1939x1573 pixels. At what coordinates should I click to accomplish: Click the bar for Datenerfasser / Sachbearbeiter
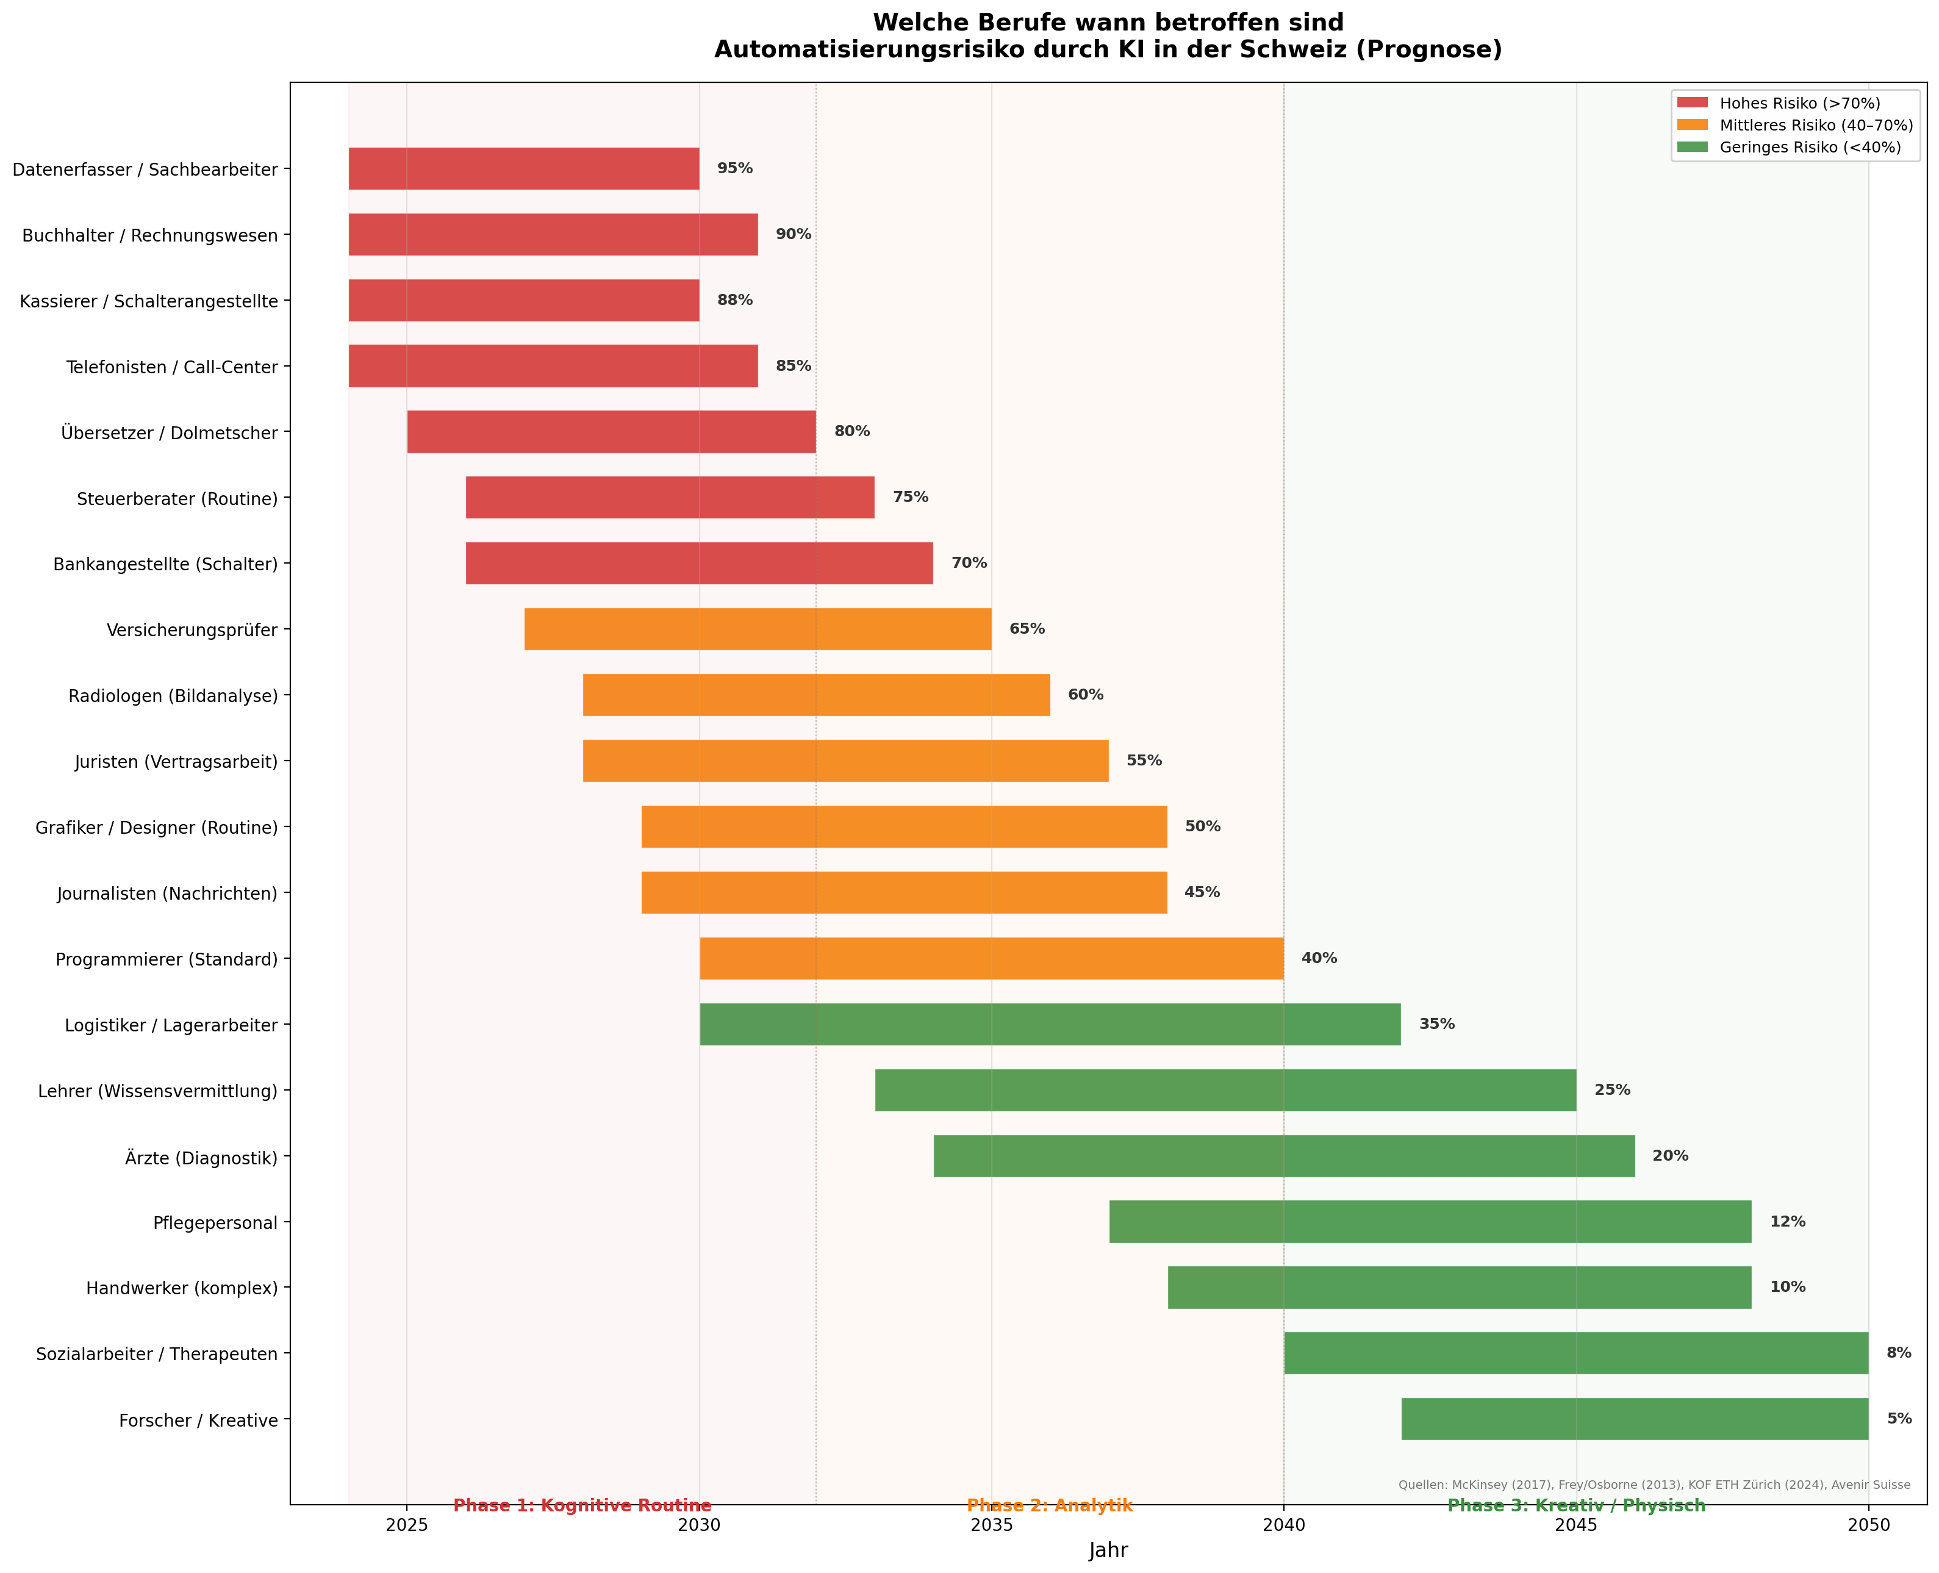524,168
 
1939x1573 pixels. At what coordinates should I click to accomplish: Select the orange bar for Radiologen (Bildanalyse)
815,695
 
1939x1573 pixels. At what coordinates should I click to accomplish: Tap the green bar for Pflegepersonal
1430,1222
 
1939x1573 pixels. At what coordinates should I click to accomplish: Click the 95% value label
735,168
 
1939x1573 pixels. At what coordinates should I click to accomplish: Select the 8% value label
1898,1353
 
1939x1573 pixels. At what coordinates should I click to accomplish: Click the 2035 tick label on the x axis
991,1525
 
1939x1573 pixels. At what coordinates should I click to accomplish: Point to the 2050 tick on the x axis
1868,1525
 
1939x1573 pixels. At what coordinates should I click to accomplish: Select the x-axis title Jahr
1108,1550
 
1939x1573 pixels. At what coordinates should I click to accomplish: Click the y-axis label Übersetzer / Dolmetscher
170,433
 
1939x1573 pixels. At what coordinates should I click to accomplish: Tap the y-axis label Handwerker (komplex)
182,1288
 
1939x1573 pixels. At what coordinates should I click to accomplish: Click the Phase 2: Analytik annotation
1049,1506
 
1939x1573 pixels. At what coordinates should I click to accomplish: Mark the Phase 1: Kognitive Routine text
582,1506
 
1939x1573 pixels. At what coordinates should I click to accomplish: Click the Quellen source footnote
1654,1485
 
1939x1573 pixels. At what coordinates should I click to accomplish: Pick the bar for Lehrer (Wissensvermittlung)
1225,1090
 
